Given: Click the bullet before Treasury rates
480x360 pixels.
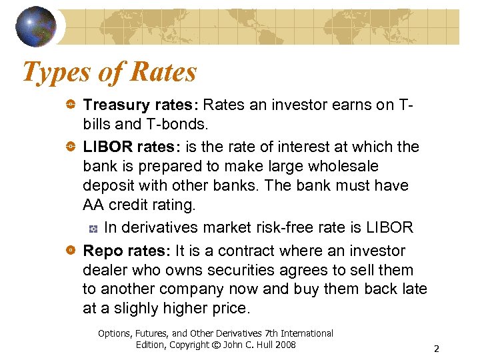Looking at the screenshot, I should tap(71, 105).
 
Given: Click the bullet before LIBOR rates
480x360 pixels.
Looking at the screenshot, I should tap(71, 146).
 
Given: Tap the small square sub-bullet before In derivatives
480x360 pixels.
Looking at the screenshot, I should tap(93, 229).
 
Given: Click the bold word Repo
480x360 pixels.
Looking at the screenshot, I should tap(101, 251).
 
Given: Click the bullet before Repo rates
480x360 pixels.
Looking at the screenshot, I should tap(71, 251).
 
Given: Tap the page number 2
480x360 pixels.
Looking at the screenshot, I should tap(436, 349).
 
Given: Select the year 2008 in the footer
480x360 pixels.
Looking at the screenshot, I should tap(284, 345).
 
